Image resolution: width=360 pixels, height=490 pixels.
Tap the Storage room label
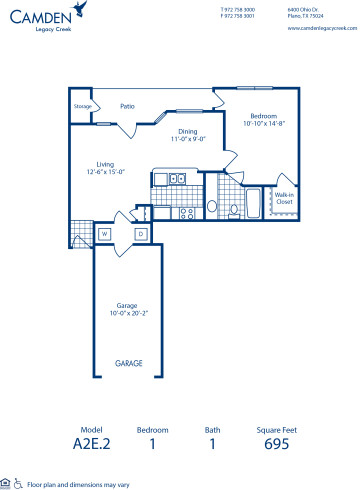[83, 105]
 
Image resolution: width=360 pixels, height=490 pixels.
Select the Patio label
[128, 104]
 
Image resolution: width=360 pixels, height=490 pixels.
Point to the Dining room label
[188, 130]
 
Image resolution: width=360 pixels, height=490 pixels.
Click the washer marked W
[104, 233]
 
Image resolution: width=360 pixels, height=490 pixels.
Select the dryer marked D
[140, 233]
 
